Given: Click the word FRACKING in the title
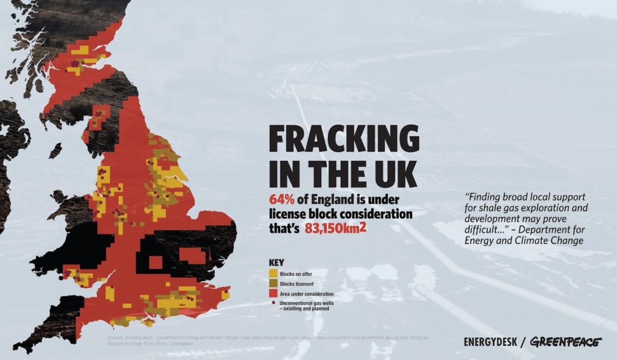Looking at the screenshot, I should (x=343, y=140).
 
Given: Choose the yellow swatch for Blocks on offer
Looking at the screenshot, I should (x=272, y=274).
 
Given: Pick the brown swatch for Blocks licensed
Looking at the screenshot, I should (x=272, y=283).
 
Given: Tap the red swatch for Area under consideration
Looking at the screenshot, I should (x=272, y=293).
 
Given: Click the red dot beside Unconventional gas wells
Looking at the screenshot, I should (x=272, y=303).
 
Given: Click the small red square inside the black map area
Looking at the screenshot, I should (x=155, y=262).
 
